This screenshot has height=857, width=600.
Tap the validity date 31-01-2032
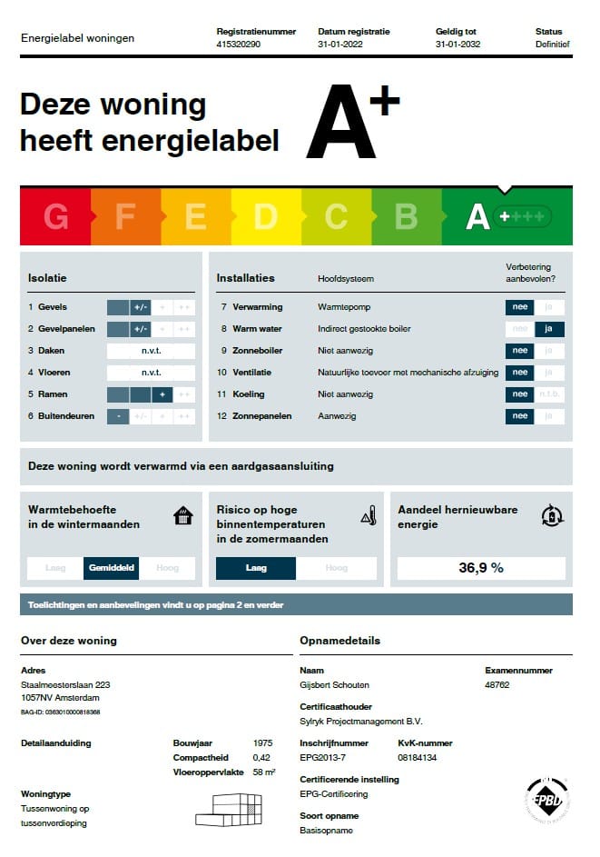(457, 44)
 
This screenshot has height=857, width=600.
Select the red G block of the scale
(55, 217)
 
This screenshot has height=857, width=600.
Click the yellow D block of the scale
(265, 217)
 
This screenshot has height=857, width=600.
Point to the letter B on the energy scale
(406, 217)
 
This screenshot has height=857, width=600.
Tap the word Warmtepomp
(344, 307)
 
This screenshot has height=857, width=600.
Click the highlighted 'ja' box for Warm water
(549, 329)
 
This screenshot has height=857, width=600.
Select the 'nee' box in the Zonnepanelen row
(520, 416)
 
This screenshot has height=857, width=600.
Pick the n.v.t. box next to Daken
(151, 351)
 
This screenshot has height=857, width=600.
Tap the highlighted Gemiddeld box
(112, 568)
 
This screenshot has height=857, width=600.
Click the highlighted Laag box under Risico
(256, 568)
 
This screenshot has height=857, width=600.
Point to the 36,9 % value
(481, 568)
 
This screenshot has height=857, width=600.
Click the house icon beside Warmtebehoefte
(183, 516)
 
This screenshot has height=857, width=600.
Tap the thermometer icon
(369, 516)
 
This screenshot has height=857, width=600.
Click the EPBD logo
(547, 800)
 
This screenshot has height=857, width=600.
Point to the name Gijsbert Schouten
(335, 684)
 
